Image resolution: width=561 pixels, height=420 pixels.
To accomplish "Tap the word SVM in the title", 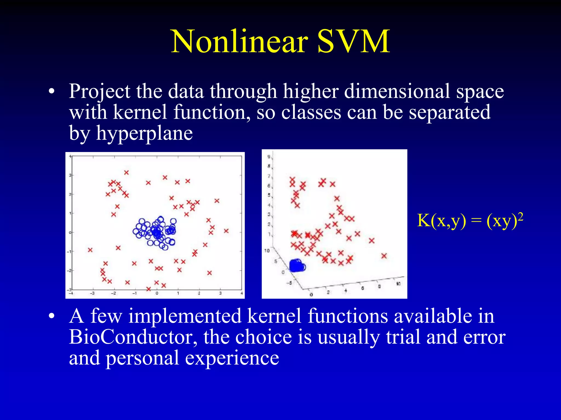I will click(x=353, y=42).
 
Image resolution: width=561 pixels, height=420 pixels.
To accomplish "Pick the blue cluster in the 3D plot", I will click(x=297, y=265).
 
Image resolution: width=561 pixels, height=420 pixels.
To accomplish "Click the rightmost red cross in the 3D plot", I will click(x=384, y=256).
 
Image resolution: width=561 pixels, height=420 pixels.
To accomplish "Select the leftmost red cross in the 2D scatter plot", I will click(x=90, y=250).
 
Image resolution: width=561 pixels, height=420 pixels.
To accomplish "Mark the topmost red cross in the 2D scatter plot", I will click(x=126, y=173).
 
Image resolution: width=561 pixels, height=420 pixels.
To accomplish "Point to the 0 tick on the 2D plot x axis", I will click(x=157, y=293).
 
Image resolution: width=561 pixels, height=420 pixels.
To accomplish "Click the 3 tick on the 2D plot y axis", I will click(x=70, y=175).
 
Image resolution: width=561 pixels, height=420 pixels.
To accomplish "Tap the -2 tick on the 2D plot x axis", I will click(x=114, y=293).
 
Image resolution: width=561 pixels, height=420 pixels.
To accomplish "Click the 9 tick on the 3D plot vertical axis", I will click(x=269, y=157).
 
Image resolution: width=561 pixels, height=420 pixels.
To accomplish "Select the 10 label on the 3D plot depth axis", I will click(x=267, y=250).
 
